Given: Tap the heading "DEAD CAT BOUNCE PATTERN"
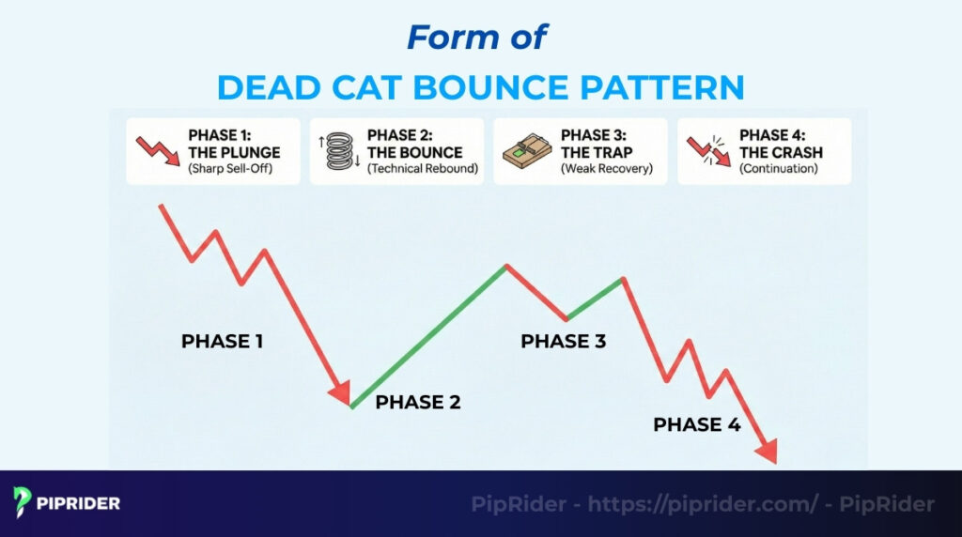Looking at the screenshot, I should (x=480, y=87).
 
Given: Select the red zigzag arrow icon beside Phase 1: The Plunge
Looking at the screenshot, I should (x=155, y=151).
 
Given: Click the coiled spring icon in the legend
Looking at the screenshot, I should (x=338, y=151).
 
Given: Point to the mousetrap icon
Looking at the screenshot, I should (x=522, y=151).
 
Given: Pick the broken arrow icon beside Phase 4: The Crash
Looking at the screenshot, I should (x=707, y=151).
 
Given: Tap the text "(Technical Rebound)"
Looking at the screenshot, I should (x=423, y=169).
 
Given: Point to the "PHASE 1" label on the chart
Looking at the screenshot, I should (x=222, y=342).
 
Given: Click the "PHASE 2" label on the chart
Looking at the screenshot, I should (x=417, y=403).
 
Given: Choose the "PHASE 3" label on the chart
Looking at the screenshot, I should (x=563, y=342).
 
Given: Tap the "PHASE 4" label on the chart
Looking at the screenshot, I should (x=696, y=425).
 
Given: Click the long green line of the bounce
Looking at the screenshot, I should (x=429, y=336).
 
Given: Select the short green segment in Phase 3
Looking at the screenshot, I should (x=594, y=299).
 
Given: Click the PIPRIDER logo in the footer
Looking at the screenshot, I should (x=67, y=502).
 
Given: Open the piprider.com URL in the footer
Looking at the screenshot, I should (x=703, y=504).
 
